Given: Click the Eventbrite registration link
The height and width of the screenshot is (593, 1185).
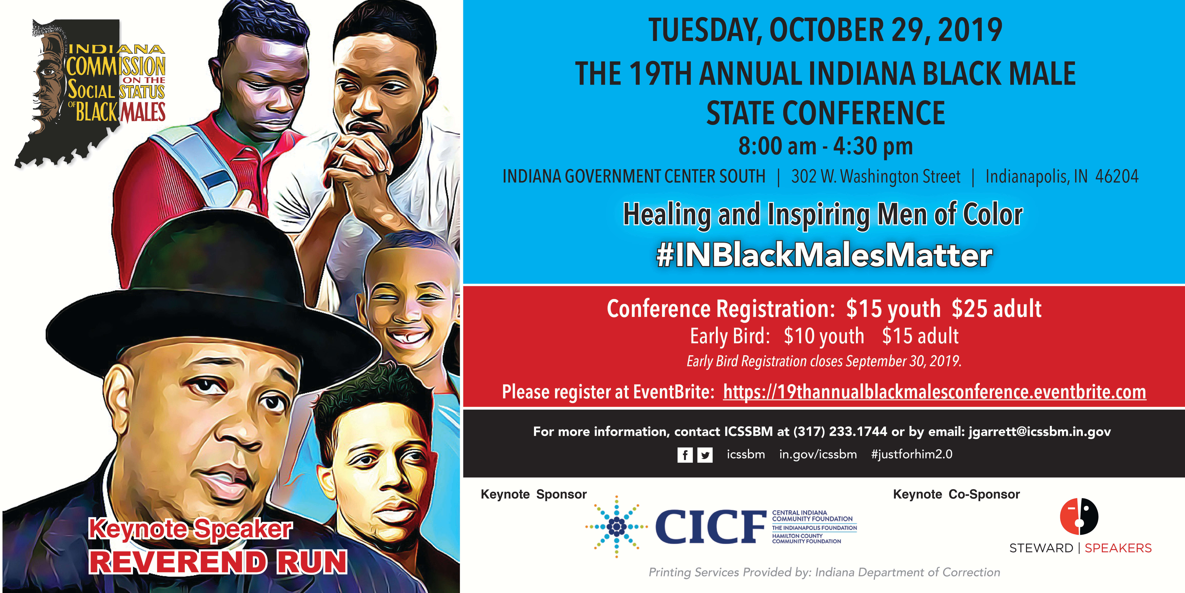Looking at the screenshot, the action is click(934, 392).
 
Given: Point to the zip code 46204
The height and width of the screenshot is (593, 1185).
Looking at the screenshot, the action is click(1117, 176).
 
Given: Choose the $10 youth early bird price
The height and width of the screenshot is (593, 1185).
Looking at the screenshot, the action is click(824, 336).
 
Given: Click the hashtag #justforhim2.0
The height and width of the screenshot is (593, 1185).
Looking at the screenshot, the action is click(912, 454).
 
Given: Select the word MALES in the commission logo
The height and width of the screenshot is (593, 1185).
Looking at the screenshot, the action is click(143, 111).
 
